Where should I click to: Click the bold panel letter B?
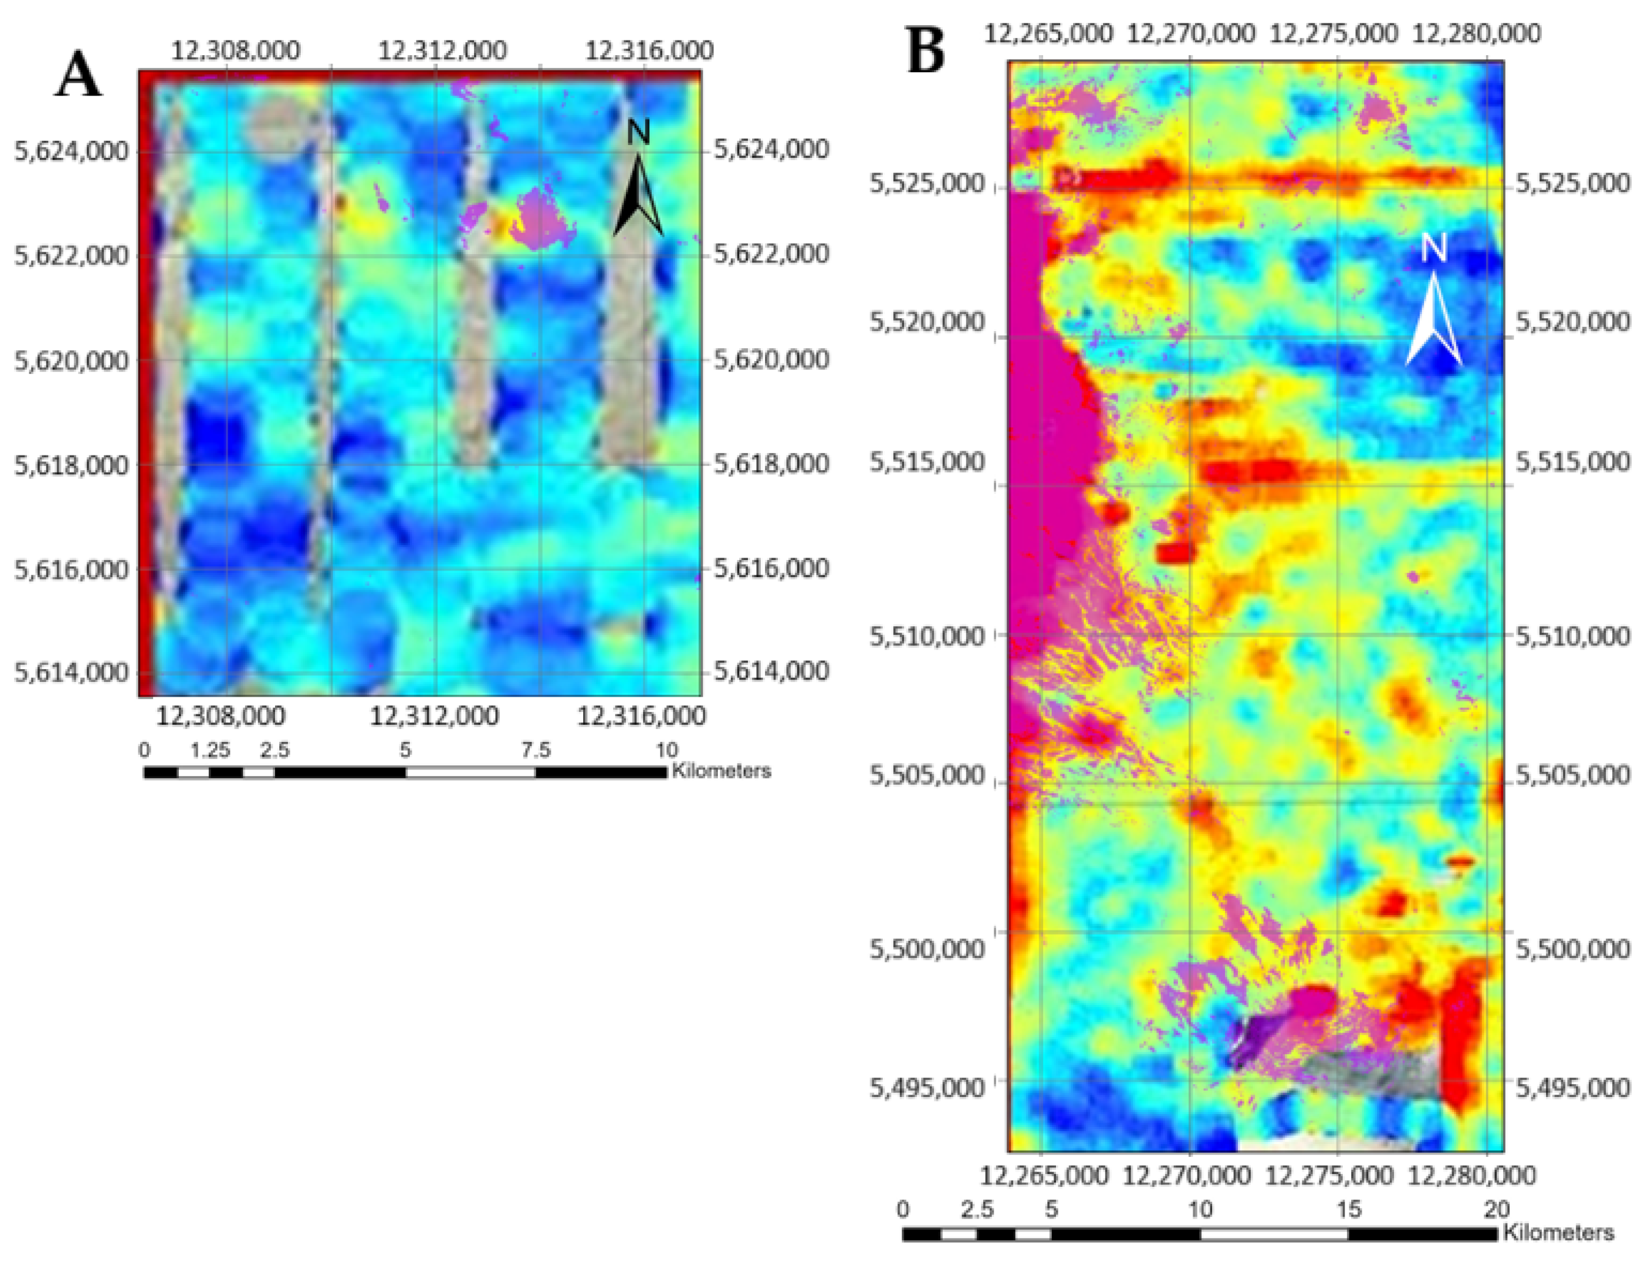926,51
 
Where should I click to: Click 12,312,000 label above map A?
442,51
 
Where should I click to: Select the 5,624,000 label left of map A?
71,151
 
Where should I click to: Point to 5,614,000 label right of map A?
771,670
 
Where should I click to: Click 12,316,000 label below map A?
641,716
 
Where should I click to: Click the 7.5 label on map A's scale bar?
535,749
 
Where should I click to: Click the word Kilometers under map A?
721,770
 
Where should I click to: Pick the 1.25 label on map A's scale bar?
209,749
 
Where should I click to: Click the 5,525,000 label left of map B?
927,183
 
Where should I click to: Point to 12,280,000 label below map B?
1471,1175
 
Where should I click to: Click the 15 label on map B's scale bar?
1348,1208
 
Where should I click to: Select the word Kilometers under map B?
1558,1232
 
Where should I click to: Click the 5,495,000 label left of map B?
927,1087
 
